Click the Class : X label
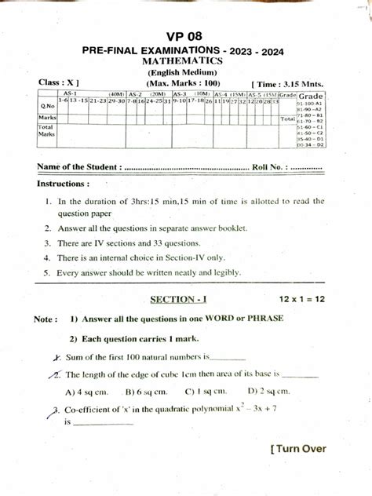click(x=58, y=82)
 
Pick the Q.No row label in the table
click(x=46, y=104)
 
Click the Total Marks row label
click(x=46, y=130)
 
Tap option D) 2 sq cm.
click(x=268, y=391)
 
